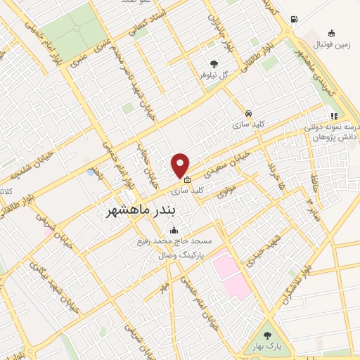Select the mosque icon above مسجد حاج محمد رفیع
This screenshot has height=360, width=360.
click(174, 230)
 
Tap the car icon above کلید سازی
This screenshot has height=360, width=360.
click(248, 113)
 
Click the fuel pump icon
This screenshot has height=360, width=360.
click(293, 19)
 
